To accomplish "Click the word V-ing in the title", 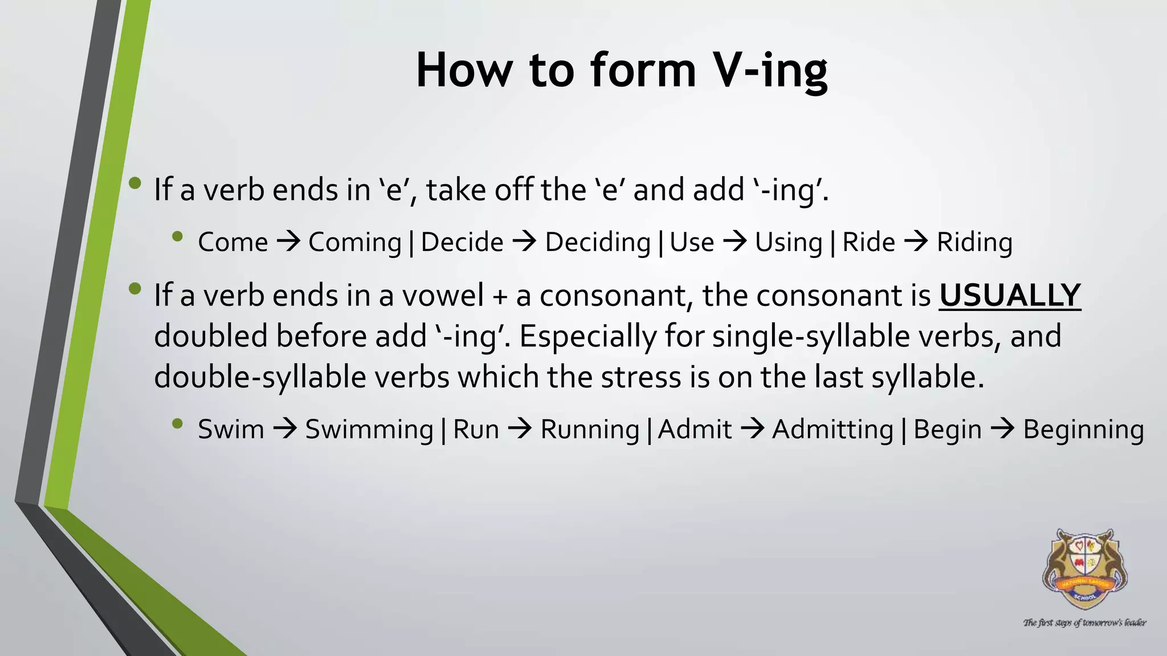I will (x=770, y=71).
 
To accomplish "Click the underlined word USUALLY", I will (x=1010, y=296).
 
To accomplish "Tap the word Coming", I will (x=355, y=243).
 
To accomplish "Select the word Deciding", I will (x=598, y=243).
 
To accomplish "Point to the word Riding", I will (x=974, y=243).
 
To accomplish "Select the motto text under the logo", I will (x=1084, y=622).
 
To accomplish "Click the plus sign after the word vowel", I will (x=500, y=297).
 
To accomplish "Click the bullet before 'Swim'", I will (x=177, y=424).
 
